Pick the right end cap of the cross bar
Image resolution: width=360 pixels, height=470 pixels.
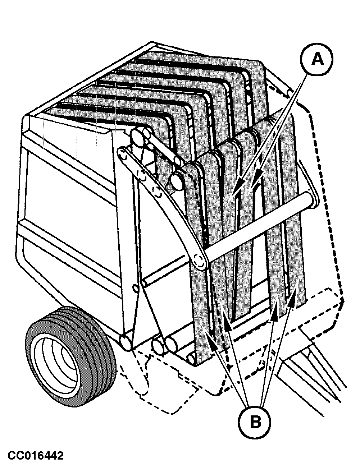(x=313, y=198)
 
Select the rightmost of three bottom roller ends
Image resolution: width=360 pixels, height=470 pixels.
(x=172, y=344)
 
